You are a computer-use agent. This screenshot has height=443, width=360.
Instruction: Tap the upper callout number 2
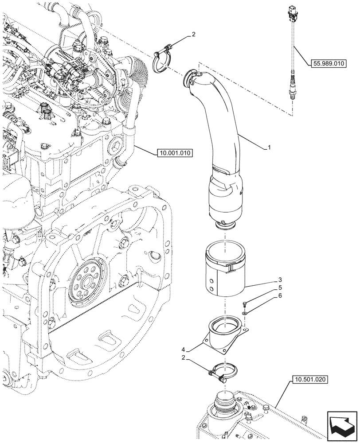click(193, 34)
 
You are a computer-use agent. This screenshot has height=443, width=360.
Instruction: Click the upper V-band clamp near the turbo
click(162, 62)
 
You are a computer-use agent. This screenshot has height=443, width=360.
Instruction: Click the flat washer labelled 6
click(245, 314)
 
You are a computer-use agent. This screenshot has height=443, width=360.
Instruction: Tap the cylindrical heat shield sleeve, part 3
click(225, 273)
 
